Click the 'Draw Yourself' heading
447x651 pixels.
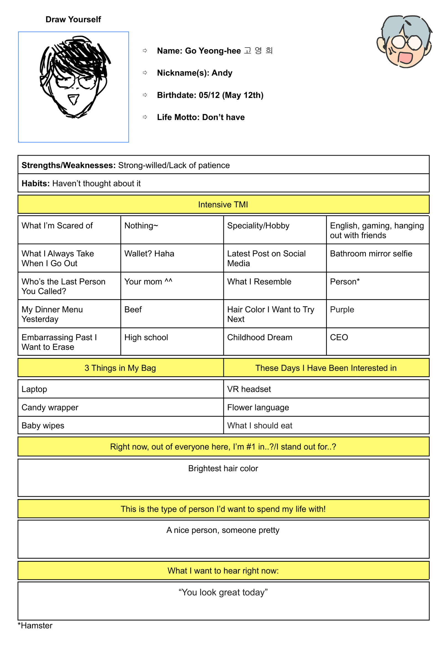(73, 19)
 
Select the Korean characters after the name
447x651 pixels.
(258, 51)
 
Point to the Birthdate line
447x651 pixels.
(210, 95)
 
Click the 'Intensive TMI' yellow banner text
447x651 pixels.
(223, 204)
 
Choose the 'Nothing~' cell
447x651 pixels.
(141, 226)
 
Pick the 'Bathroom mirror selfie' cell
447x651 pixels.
(371, 254)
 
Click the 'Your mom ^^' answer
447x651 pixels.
(148, 281)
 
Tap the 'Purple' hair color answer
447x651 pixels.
(342, 310)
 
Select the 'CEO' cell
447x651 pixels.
(339, 337)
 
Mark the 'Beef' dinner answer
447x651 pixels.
(133, 310)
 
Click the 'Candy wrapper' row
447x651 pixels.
(50, 407)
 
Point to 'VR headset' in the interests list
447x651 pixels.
(249, 389)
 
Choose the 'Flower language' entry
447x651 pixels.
(258, 407)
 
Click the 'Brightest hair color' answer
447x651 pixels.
(223, 469)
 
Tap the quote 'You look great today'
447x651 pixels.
(223, 592)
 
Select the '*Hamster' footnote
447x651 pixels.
(35, 626)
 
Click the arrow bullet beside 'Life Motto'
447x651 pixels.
(145, 117)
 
